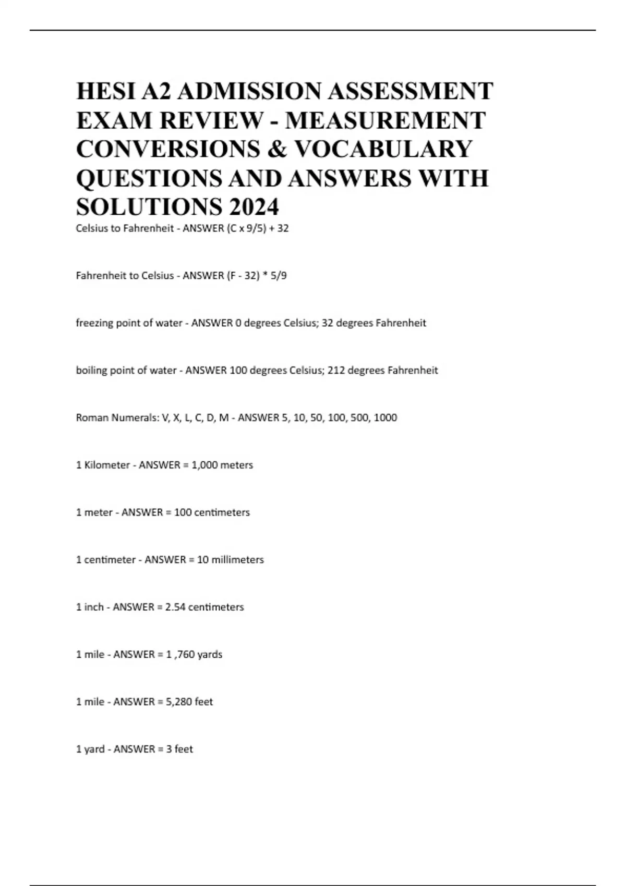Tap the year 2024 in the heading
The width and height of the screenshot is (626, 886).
point(253,207)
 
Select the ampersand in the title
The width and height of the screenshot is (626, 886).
point(277,149)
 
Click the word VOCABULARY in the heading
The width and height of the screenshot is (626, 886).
point(383,149)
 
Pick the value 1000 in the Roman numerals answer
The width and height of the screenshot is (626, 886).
point(386,417)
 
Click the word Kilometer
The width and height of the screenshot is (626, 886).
point(107,465)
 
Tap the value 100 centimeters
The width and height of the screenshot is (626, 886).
point(212,512)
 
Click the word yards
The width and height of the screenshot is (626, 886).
point(210,655)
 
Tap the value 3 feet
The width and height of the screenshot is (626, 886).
point(179,749)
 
